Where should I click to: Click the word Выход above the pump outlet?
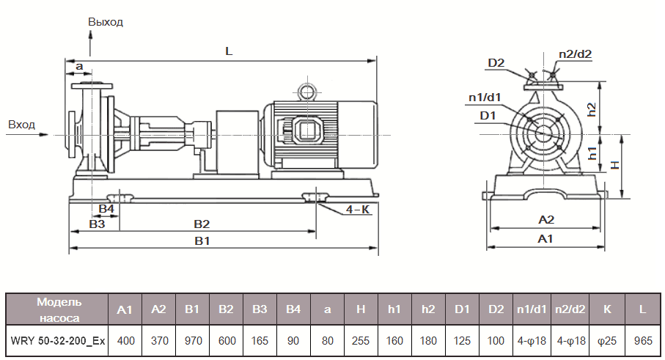click(106, 22)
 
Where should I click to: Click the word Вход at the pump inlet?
click(21, 125)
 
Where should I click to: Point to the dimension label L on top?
click(229, 51)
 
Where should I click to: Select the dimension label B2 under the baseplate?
click(202, 223)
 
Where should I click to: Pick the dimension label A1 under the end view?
click(545, 239)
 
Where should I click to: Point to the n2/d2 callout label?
click(575, 54)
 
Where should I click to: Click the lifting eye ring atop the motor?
click(305, 92)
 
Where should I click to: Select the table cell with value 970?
click(192, 341)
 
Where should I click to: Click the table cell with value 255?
click(361, 341)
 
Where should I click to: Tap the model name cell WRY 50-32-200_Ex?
click(58, 341)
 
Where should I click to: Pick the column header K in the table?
click(607, 309)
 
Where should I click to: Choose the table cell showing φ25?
click(607, 341)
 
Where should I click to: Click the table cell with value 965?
click(642, 341)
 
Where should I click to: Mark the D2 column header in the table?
click(496, 309)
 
